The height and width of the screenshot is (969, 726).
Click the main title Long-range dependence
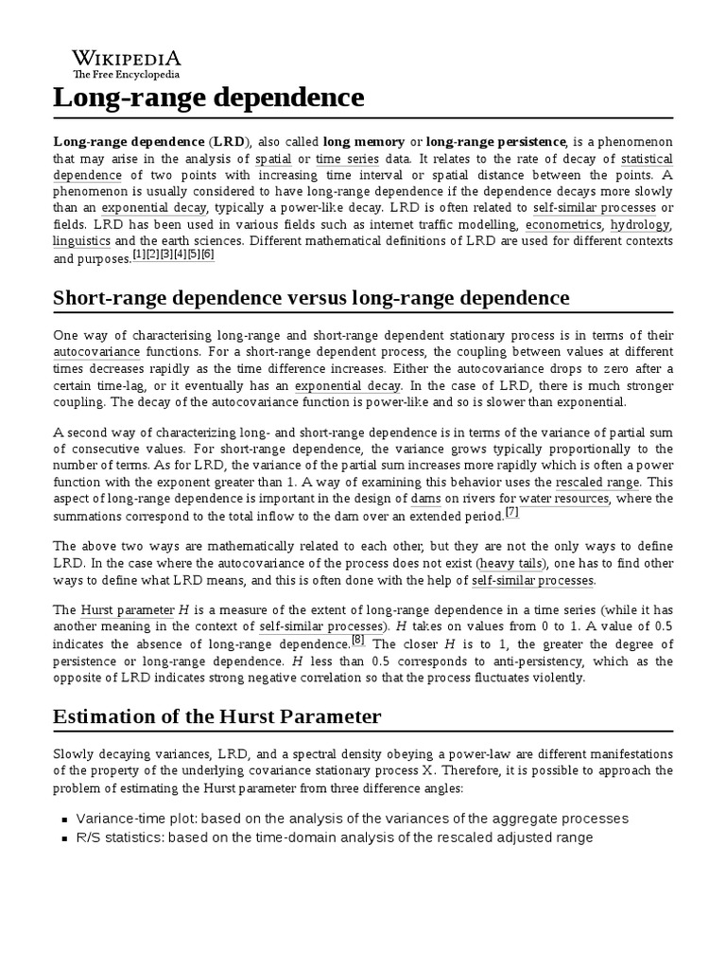(x=208, y=97)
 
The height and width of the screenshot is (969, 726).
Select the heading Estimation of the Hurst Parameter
(x=216, y=716)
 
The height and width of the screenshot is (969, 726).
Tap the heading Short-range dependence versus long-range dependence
(x=311, y=298)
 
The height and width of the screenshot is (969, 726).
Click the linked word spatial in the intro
(x=273, y=158)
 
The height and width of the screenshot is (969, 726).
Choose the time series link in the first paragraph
(x=349, y=158)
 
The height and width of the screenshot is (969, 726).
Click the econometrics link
(x=563, y=224)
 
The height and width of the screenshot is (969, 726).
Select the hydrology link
(x=640, y=224)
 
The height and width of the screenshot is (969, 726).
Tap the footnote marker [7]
(x=511, y=512)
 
